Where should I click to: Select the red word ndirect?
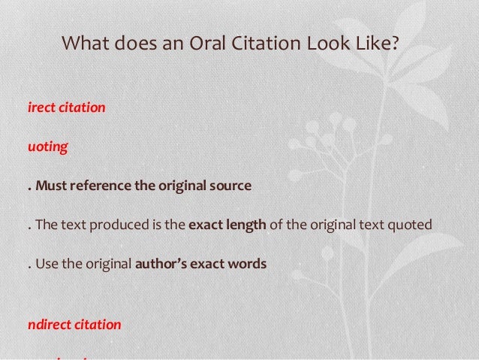(x=51, y=325)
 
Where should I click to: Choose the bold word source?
(x=229, y=186)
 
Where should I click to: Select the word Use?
(x=47, y=265)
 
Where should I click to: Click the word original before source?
(x=179, y=186)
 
